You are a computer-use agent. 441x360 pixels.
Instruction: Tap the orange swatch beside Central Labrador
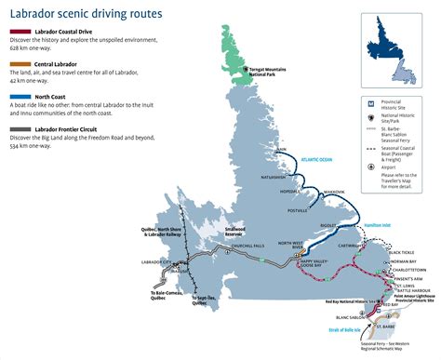7,62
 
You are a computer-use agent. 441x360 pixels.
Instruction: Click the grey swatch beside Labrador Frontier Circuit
7,127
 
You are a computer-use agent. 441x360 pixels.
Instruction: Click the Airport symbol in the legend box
373,167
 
